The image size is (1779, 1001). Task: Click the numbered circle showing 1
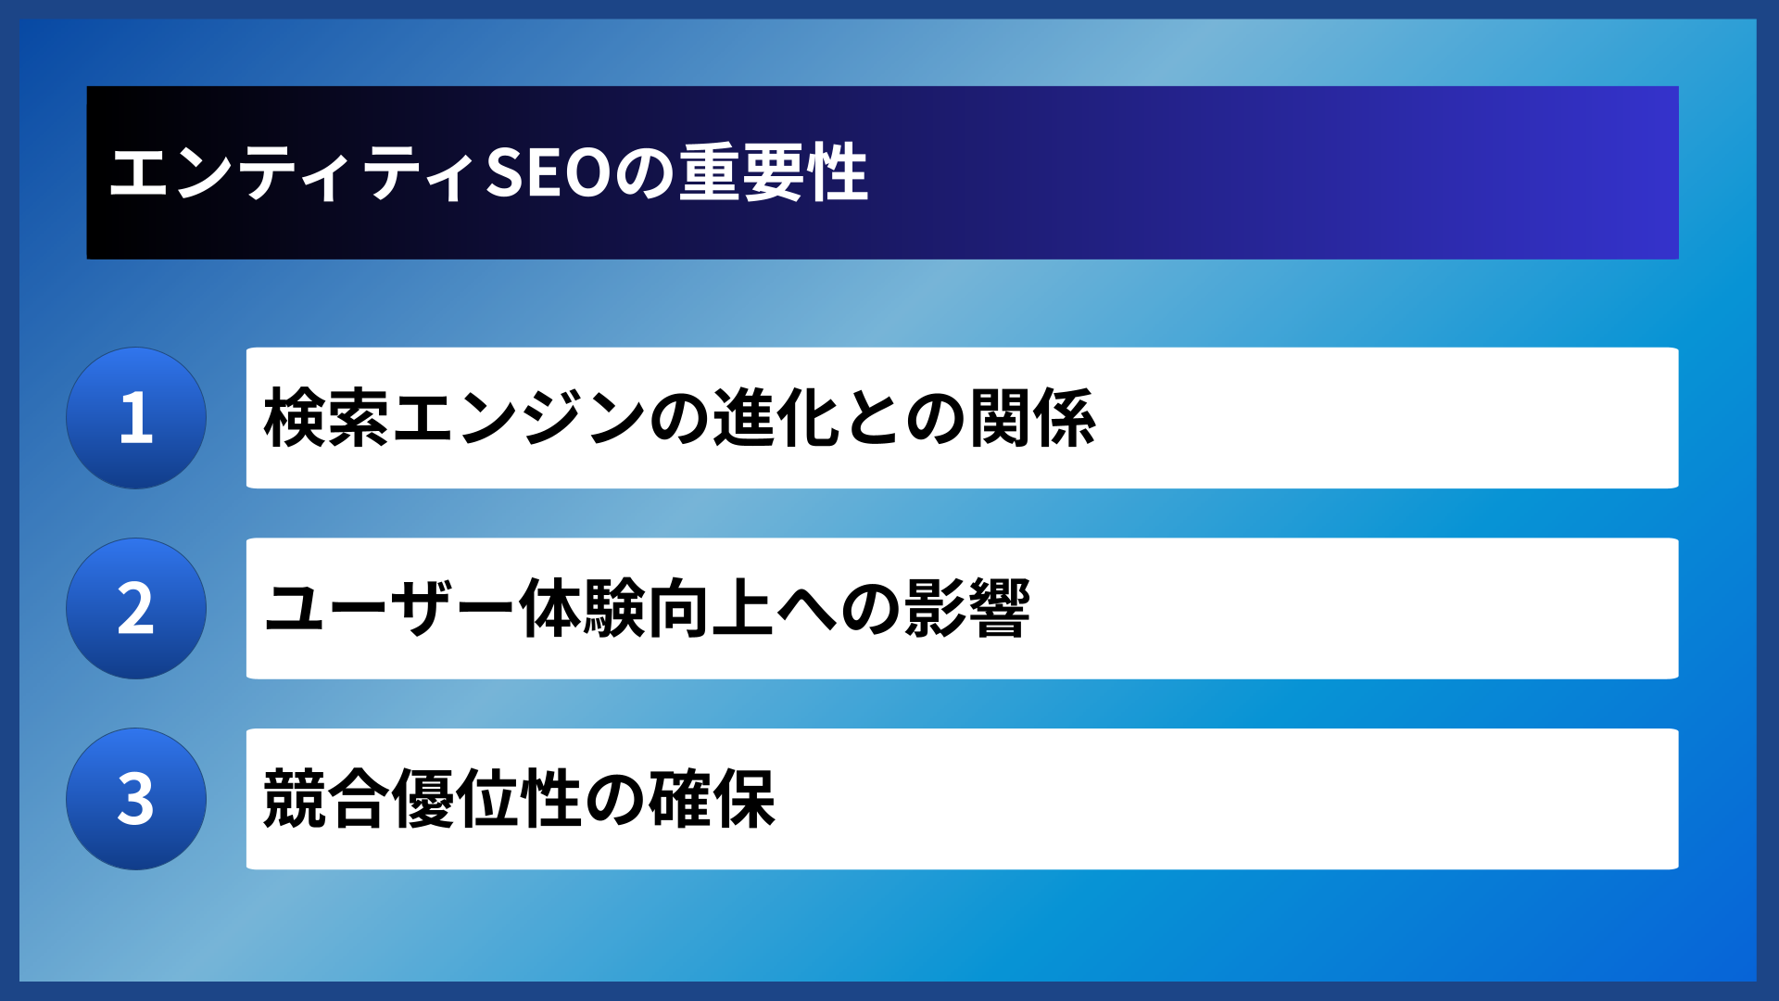(x=136, y=418)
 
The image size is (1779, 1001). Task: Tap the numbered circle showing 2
(x=136, y=609)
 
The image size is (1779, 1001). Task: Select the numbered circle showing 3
(x=136, y=799)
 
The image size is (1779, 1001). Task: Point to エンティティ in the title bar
(x=294, y=173)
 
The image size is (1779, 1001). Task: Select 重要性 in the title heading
(x=774, y=173)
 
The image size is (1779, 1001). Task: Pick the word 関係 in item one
(x=1032, y=418)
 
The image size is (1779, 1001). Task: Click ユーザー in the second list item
(x=389, y=609)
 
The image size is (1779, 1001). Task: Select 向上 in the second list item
(x=711, y=609)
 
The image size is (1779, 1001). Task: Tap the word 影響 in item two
(x=967, y=609)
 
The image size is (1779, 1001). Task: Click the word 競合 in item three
(x=325, y=799)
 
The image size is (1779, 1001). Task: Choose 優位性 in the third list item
(x=486, y=799)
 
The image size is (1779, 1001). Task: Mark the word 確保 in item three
(x=712, y=799)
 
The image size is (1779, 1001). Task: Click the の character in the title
(x=646, y=173)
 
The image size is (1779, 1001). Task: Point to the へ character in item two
(x=807, y=609)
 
